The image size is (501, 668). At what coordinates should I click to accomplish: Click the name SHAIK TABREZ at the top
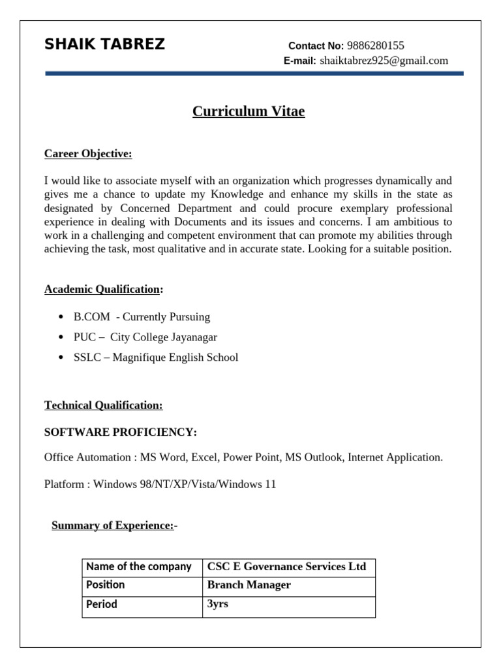[104, 44]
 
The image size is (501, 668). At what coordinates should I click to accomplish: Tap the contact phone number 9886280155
[375, 46]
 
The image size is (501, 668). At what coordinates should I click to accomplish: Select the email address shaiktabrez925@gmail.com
[384, 61]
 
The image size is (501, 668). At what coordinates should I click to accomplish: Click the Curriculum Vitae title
[249, 112]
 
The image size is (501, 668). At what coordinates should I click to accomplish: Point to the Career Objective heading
[88, 154]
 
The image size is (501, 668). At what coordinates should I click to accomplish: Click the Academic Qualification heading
[102, 289]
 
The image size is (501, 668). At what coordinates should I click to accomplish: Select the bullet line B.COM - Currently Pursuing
[142, 317]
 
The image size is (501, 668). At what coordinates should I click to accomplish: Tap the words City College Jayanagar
[163, 337]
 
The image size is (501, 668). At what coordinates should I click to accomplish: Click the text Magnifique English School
[175, 357]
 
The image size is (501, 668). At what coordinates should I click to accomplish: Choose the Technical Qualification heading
[103, 405]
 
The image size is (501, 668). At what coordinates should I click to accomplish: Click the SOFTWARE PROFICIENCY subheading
[120, 433]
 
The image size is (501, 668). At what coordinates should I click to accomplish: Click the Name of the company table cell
[139, 567]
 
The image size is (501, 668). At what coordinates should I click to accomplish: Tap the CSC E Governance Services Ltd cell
[286, 567]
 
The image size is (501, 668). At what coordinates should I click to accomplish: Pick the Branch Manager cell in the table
[249, 585]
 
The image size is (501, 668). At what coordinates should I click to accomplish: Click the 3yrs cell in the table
[217, 604]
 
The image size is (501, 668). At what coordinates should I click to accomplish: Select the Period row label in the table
[102, 605]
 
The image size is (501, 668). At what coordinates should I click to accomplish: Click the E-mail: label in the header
[299, 61]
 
